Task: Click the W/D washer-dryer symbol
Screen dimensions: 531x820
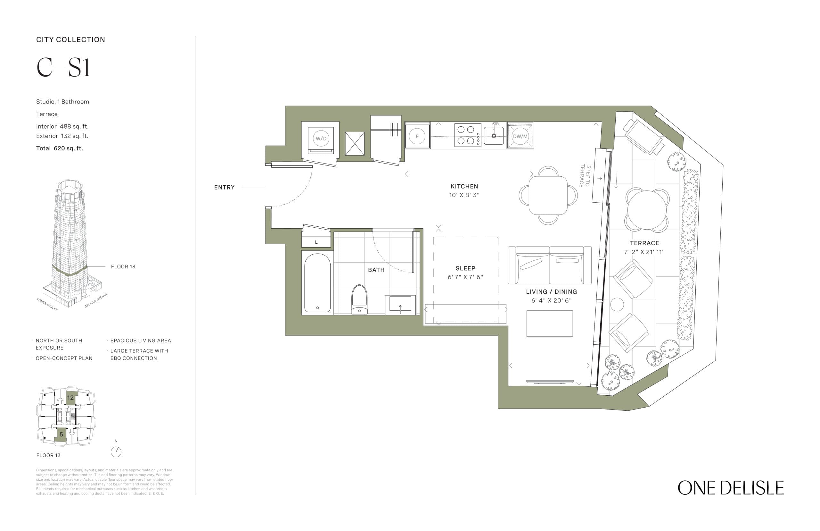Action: pyautogui.click(x=321, y=139)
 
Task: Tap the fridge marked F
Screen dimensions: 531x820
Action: pyautogui.click(x=417, y=136)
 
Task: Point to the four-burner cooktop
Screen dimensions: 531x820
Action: pyautogui.click(x=467, y=135)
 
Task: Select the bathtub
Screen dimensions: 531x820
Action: pyautogui.click(x=317, y=283)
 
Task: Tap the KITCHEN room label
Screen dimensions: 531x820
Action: pyautogui.click(x=464, y=186)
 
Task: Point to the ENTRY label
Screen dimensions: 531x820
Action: pyautogui.click(x=224, y=187)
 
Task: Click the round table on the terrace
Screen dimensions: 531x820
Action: pyautogui.click(x=646, y=210)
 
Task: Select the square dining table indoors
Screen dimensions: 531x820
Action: pyautogui.click(x=548, y=195)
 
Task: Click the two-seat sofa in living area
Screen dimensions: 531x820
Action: pyautogui.click(x=549, y=265)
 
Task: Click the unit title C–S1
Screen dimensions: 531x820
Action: pyautogui.click(x=64, y=67)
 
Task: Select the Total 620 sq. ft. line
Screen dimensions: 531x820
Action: pyautogui.click(x=59, y=148)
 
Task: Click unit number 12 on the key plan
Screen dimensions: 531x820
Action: pyautogui.click(x=70, y=398)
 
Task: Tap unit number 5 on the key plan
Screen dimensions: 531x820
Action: pyautogui.click(x=61, y=434)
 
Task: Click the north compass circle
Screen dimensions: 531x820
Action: pyautogui.click(x=116, y=452)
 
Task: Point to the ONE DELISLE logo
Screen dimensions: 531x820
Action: pyautogui.click(x=730, y=488)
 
